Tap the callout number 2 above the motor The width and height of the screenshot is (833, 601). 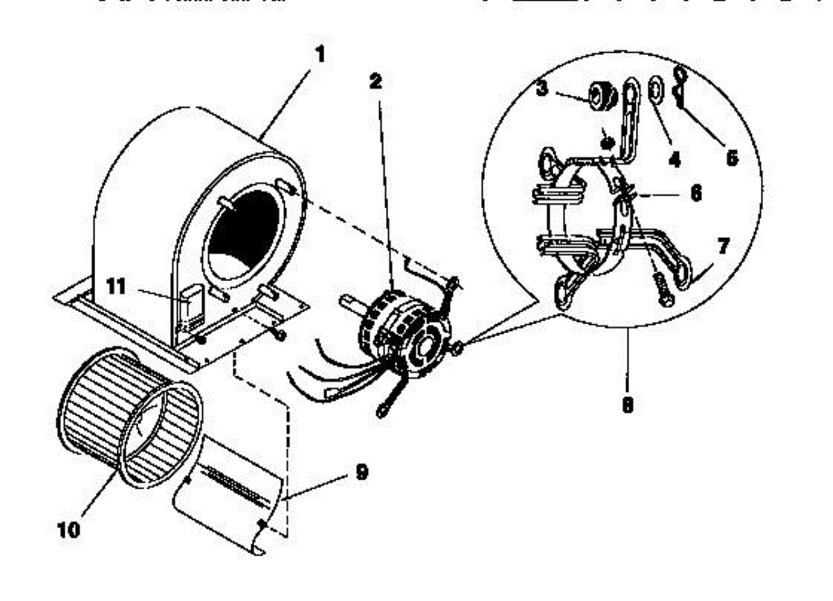click(x=376, y=82)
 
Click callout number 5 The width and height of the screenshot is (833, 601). click(x=731, y=157)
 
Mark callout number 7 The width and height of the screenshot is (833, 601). click(x=724, y=246)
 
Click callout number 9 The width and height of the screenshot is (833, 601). click(x=362, y=472)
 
